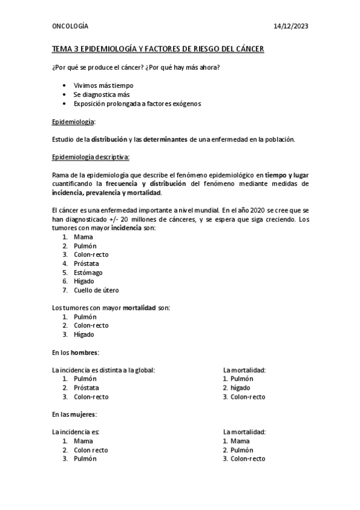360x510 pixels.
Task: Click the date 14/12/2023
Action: pos(291,27)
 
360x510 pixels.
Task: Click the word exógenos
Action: pos(184,103)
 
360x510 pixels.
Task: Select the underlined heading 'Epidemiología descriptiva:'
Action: pos(91,158)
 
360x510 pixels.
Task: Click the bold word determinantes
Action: pos(165,140)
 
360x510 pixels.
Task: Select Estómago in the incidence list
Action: pos(88,272)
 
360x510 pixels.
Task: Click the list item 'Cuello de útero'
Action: pos(96,290)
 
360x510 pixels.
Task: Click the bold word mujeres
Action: pos(84,414)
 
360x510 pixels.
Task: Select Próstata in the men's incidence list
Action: pos(87,388)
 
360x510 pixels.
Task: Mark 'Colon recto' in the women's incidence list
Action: pos(91,450)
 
